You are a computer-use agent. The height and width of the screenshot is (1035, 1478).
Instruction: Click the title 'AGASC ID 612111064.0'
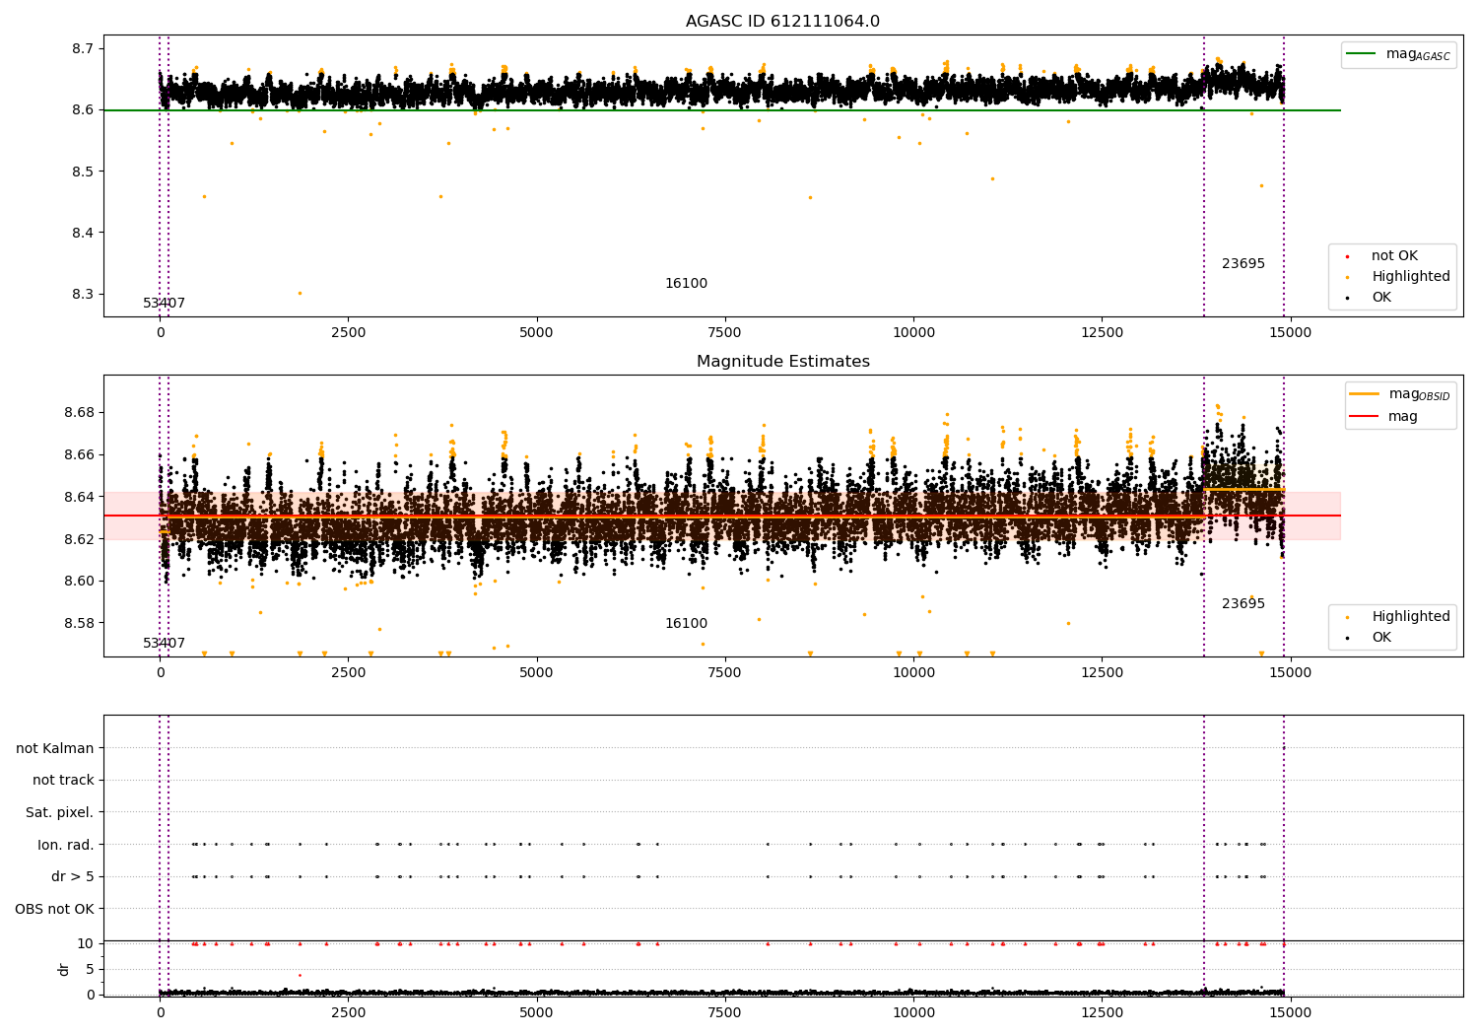point(782,22)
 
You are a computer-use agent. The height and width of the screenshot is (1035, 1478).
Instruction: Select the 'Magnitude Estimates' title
point(782,362)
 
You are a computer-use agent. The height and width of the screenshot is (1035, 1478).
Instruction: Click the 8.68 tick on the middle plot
point(78,412)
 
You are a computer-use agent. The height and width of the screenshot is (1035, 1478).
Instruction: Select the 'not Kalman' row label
point(55,748)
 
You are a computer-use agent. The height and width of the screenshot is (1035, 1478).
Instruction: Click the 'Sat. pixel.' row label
point(59,812)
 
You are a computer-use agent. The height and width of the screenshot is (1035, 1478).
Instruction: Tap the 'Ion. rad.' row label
point(66,845)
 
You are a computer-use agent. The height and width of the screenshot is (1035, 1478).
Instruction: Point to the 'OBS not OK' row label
point(54,909)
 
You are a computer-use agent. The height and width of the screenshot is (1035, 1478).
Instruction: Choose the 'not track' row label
point(63,781)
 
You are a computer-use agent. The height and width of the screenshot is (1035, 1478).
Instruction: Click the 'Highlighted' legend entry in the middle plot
point(1410,617)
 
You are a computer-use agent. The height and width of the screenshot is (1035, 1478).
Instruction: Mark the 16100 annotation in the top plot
point(686,284)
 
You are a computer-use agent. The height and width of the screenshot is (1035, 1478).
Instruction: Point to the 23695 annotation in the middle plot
point(1243,604)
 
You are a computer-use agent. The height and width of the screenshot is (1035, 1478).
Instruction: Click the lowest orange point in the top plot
point(300,293)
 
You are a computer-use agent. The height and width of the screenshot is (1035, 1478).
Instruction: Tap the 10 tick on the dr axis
point(86,943)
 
